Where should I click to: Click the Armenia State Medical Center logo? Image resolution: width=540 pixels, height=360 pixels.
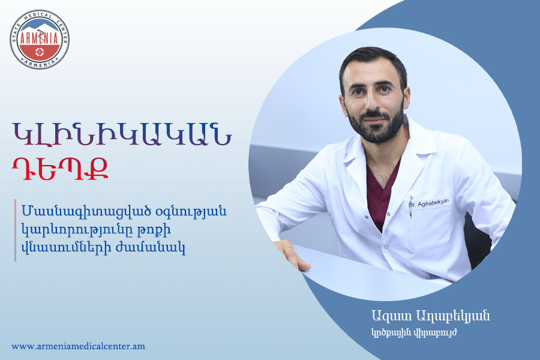(x=39, y=39)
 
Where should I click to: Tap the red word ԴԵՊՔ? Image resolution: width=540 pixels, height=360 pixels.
(x=60, y=169)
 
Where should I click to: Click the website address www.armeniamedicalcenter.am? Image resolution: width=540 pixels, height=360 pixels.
(x=79, y=346)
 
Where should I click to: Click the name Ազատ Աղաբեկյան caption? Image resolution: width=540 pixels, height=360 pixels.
(x=430, y=316)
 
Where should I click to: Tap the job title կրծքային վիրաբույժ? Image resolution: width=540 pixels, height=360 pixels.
(x=414, y=333)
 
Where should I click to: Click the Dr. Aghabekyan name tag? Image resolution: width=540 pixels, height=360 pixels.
(x=429, y=203)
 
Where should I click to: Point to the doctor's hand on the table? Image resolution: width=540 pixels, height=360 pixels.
(x=292, y=254)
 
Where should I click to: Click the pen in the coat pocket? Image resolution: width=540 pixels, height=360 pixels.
(x=410, y=208)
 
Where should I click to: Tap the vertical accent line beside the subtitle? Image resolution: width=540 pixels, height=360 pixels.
(x=16, y=230)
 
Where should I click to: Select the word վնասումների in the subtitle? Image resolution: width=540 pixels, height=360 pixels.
(x=66, y=247)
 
